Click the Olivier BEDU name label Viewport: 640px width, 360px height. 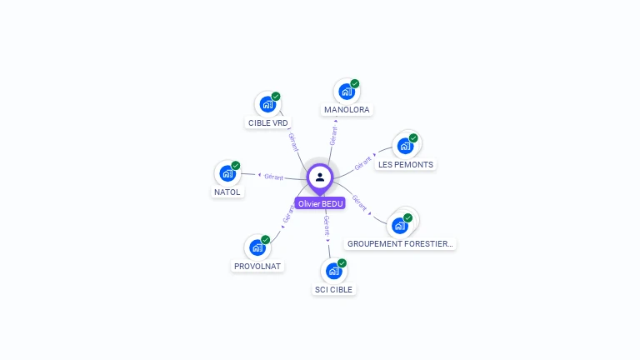tap(320, 203)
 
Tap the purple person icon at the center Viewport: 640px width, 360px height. tap(320, 177)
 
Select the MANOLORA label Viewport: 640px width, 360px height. tap(347, 109)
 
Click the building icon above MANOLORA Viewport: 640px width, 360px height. tap(345, 92)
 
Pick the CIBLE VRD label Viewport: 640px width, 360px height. tap(267, 122)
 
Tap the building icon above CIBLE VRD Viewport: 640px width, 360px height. tap(267, 104)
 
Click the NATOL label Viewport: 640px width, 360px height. tap(227, 192)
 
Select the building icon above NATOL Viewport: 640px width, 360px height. tap(227, 173)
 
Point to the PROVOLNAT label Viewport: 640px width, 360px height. tap(257, 266)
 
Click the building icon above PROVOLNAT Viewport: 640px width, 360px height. tap(257, 247)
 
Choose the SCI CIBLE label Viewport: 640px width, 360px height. tap(333, 289)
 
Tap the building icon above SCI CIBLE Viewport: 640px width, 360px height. tap(333, 271)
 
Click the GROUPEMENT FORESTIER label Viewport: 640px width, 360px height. tap(400, 243)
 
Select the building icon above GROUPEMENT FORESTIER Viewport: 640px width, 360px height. tap(400, 225)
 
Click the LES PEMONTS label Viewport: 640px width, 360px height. tap(406, 164)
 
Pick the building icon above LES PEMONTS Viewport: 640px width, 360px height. tap(405, 146)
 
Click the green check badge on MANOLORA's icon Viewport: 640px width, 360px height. tap(355, 84)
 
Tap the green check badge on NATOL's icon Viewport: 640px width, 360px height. tap(236, 166)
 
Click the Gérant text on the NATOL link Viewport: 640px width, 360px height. tap(274, 177)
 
